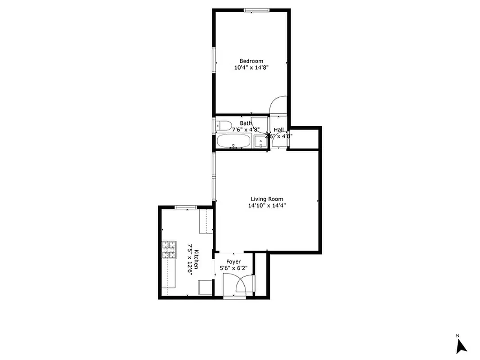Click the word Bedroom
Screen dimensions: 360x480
251,61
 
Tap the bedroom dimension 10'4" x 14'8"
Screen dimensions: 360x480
251,68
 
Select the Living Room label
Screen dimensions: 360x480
267,199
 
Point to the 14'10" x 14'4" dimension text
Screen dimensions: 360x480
267,206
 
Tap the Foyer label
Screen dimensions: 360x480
233,261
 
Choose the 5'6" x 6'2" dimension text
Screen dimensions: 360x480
233,268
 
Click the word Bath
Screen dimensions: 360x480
246,123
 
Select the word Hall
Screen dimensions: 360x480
278,130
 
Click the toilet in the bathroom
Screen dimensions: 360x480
224,125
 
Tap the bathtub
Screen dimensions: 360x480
234,141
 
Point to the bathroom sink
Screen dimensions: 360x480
260,142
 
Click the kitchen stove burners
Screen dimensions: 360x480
169,250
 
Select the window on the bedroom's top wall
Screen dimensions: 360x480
256,10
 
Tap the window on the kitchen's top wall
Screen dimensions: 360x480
185,207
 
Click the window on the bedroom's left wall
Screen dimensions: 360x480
214,59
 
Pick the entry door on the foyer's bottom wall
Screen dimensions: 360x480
235,297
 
